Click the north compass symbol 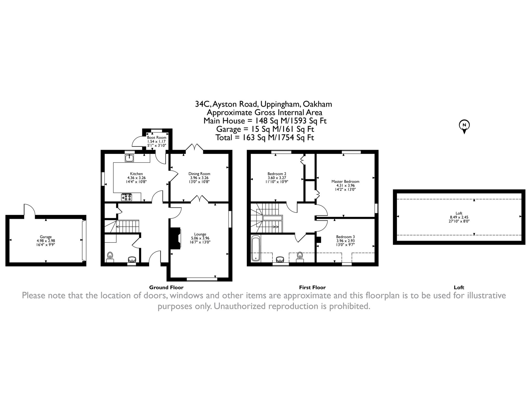[x=464, y=126]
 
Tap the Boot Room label [x=157, y=138]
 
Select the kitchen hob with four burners [x=127, y=197]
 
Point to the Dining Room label [x=199, y=174]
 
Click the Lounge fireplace [x=175, y=238]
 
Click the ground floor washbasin [x=132, y=259]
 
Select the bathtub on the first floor [x=256, y=248]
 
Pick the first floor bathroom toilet [x=300, y=256]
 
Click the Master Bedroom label [x=345, y=182]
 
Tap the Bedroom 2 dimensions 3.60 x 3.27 [x=277, y=178]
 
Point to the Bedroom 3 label [x=345, y=237]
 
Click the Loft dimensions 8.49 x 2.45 [x=459, y=217]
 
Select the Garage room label [x=46, y=237]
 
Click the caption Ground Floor [x=166, y=287]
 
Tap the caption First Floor [x=312, y=287]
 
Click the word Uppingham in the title [x=280, y=104]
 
